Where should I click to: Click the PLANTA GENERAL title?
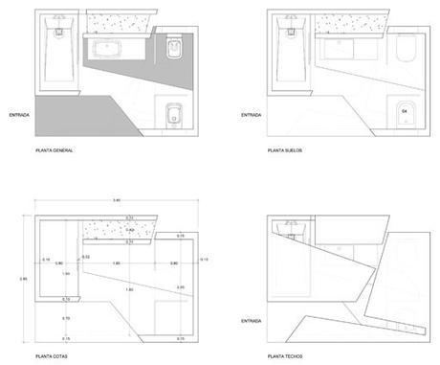pyautogui.click(x=55, y=151)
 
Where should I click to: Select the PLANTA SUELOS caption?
pyautogui.click(x=287, y=151)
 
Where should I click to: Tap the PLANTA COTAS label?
pyautogui.click(x=52, y=357)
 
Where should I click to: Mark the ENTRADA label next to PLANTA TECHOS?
pyautogui.click(x=251, y=320)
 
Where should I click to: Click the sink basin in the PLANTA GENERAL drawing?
pyautogui.click(x=112, y=46)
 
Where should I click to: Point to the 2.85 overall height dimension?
pyautogui.click(x=24, y=279)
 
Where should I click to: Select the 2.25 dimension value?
pyautogui.click(x=181, y=286)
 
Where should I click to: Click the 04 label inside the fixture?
pyautogui.click(x=404, y=113)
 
